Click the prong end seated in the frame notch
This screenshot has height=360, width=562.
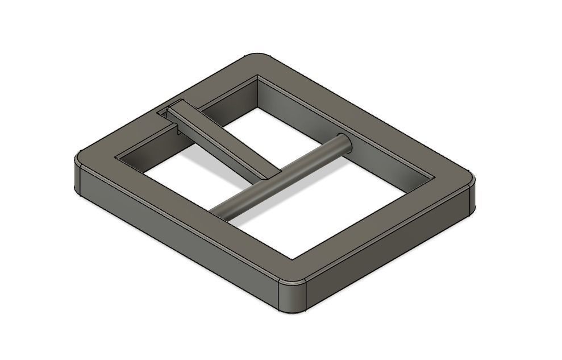coord(173,110)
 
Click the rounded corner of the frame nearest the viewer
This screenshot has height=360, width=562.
coord(293,296)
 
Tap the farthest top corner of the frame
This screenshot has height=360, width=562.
coord(259,57)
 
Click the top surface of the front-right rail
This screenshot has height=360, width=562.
coord(369,227)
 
